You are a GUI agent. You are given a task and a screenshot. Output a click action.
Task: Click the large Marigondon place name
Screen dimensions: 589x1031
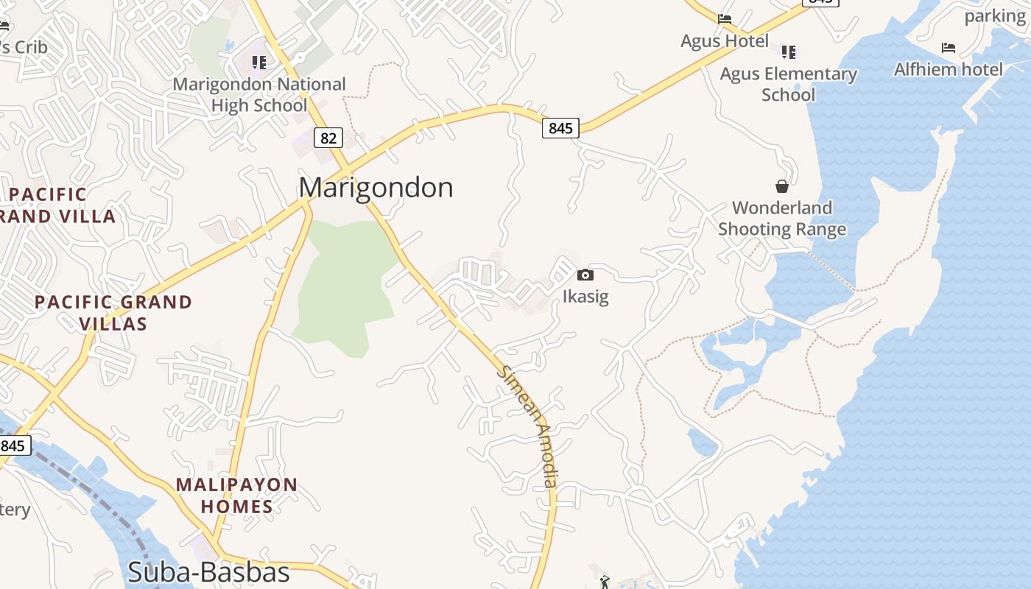[x=376, y=188]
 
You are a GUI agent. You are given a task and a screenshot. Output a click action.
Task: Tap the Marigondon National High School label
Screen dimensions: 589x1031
[x=259, y=95]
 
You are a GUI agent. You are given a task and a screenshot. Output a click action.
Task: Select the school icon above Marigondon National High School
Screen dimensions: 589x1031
[x=258, y=62]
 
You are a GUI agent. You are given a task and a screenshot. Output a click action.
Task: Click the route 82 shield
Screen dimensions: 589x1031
[x=328, y=137]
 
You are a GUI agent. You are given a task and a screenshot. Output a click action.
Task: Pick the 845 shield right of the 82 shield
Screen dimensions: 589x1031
[x=560, y=128]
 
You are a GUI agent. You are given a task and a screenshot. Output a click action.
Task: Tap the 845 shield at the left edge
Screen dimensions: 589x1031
[x=13, y=445]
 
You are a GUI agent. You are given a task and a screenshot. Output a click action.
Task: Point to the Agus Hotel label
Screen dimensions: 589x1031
[x=725, y=41]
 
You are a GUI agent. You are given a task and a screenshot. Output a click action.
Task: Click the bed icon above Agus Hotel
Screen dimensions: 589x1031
[x=725, y=19]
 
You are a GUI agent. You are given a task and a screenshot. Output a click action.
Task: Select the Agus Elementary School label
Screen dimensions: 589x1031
[x=789, y=84]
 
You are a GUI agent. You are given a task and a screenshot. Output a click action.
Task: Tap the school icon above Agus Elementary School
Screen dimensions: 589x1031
[x=789, y=52]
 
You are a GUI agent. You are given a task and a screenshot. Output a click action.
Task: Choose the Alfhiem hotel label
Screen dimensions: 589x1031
[x=949, y=70]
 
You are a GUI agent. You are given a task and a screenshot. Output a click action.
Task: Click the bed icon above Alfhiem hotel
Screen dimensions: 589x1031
[x=949, y=49]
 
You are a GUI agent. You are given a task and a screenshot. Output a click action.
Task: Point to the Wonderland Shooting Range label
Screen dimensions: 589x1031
[x=782, y=219]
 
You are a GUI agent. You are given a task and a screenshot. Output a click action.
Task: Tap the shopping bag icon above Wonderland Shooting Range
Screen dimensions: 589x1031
[x=782, y=186]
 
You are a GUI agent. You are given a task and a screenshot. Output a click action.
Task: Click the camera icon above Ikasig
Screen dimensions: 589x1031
[x=585, y=275]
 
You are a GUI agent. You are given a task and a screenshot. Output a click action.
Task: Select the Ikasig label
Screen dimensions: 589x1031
[x=585, y=297]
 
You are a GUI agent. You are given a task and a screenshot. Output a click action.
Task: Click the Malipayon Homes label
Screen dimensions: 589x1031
[x=236, y=495]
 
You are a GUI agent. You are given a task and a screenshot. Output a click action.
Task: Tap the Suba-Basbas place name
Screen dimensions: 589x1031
[x=208, y=572]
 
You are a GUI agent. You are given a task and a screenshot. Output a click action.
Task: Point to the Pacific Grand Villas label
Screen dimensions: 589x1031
[x=113, y=312]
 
